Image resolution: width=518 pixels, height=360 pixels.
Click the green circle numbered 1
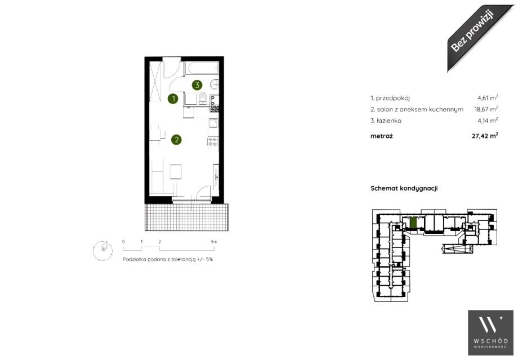click(x=173, y=98)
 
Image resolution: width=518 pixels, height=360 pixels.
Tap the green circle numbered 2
click(x=176, y=139)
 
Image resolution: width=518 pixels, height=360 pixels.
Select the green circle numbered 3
click(x=197, y=85)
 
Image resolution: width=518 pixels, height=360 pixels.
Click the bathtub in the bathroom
click(x=202, y=69)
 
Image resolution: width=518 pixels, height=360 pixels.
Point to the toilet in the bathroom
click(x=203, y=98)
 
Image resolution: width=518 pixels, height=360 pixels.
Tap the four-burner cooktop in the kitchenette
click(x=212, y=142)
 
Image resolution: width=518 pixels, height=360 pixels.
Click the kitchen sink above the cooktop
click(x=213, y=124)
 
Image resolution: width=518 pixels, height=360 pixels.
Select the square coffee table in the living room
click(x=176, y=172)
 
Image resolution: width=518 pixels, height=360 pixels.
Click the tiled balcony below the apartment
click(x=187, y=217)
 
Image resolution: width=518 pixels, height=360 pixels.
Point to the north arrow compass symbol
click(x=102, y=250)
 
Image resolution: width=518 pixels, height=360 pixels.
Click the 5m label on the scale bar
click(x=214, y=241)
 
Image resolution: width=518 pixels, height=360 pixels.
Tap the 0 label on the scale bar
click(x=123, y=241)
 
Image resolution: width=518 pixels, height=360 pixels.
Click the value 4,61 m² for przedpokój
click(x=488, y=98)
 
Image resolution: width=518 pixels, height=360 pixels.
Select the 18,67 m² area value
click(x=486, y=109)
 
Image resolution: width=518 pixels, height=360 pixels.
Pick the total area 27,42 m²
click(x=485, y=136)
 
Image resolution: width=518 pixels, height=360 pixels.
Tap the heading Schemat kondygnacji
click(x=404, y=188)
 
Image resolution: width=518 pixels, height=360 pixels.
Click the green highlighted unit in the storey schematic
click(x=413, y=222)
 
